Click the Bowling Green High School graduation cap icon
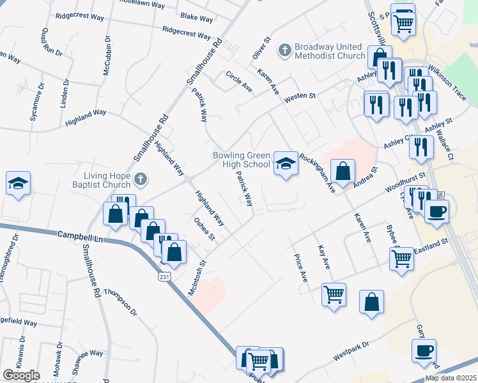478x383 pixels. [x=286, y=163]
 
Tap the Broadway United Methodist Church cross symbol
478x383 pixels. [x=285, y=49]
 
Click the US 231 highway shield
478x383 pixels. [x=164, y=276]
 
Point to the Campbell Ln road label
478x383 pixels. [x=81, y=236]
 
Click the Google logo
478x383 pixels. [x=21, y=375]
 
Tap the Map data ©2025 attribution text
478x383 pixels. [x=451, y=378]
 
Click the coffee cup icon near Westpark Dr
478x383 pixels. [x=424, y=350]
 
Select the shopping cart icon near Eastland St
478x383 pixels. [x=401, y=259]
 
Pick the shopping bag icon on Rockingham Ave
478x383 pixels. [x=343, y=171]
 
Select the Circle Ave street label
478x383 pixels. [x=239, y=81]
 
